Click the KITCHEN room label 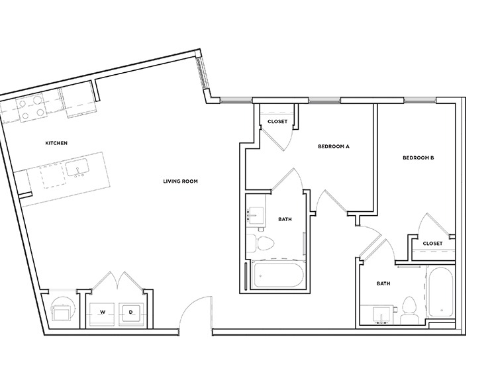(x=56, y=143)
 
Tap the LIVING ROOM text (x=181, y=181)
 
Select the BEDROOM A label (x=333, y=147)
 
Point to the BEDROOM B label (x=418, y=158)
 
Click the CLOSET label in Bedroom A (x=277, y=121)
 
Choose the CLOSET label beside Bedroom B (x=432, y=243)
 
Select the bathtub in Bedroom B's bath (x=440, y=291)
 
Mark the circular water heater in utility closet (x=64, y=311)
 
